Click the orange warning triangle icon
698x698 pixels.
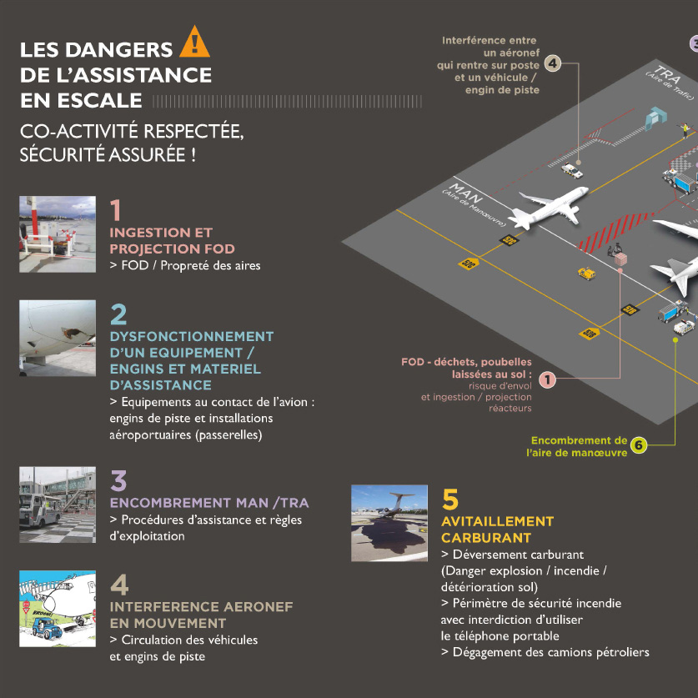[x=195, y=41]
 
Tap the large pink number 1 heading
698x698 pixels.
[x=116, y=208]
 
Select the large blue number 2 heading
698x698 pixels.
[x=118, y=314]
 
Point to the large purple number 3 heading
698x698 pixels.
[x=118, y=480]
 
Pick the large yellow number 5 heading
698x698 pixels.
[x=450, y=499]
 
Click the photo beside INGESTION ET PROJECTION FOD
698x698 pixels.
[x=58, y=234]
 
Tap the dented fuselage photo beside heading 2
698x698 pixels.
[x=58, y=339]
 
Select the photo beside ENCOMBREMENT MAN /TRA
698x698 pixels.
[x=58, y=505]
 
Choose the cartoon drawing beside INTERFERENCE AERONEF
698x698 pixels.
[x=58, y=610]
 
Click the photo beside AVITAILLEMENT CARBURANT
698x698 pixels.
[x=389, y=523]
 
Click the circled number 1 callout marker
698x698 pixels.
[x=547, y=379]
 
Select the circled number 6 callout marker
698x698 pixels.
[x=639, y=445]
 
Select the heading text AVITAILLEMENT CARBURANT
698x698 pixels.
[x=497, y=530]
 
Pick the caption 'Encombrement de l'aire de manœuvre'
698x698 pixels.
[x=578, y=446]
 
